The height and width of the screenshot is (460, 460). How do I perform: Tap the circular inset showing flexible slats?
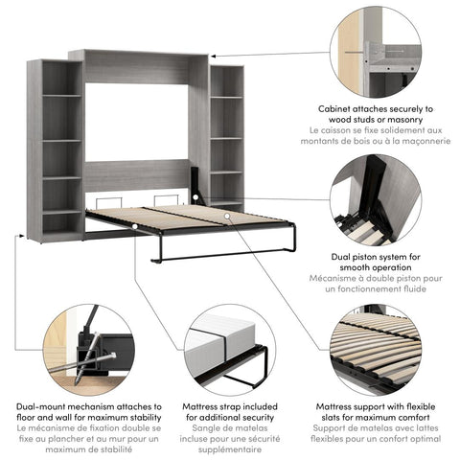[375, 351]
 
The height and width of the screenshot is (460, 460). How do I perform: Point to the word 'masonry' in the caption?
[411, 119]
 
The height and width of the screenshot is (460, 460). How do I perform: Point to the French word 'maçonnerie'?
[417, 140]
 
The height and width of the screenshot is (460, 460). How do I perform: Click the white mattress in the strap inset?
[220, 340]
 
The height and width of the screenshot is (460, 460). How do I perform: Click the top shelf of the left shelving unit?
[61, 94]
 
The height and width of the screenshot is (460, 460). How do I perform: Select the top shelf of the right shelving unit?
[226, 96]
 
